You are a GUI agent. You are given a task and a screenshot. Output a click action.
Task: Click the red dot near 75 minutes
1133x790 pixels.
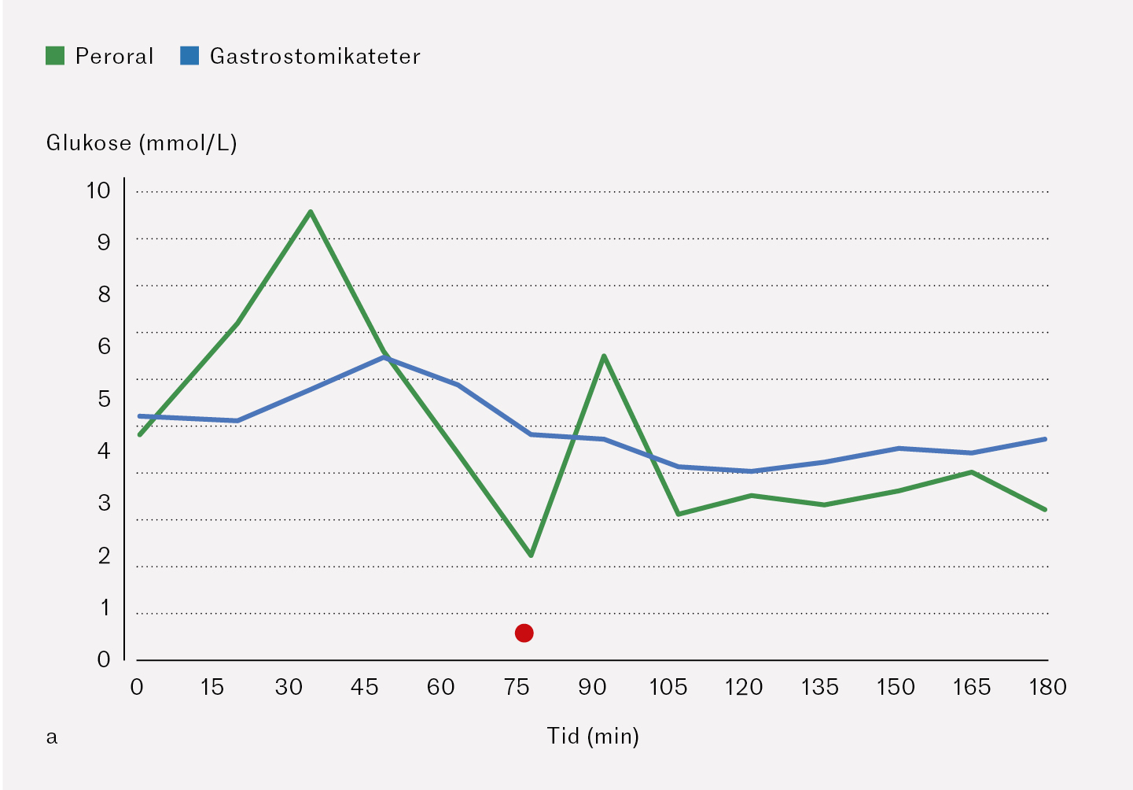pyautogui.click(x=524, y=633)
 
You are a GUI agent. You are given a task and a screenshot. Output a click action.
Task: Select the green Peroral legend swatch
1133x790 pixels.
pyautogui.click(x=55, y=56)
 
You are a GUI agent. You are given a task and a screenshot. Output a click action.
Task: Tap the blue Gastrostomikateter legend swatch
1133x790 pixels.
pyautogui.click(x=189, y=56)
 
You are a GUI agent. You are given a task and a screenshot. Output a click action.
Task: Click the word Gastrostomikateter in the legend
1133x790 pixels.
pyautogui.click(x=315, y=57)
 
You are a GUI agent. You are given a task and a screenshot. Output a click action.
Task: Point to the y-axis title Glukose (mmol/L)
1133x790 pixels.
pyautogui.click(x=142, y=143)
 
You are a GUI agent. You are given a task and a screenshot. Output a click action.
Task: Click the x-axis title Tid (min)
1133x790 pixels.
pyautogui.click(x=593, y=736)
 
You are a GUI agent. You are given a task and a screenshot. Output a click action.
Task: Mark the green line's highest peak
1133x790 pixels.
pyautogui.click(x=311, y=212)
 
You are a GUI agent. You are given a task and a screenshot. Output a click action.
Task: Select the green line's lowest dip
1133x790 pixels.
pyautogui.click(x=532, y=556)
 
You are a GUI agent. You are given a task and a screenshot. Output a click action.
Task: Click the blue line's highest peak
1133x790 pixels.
pyautogui.click(x=385, y=357)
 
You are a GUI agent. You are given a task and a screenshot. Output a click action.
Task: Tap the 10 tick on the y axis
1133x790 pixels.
pyautogui.click(x=99, y=190)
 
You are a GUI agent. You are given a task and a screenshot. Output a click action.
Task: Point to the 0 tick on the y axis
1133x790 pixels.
pyautogui.click(x=104, y=659)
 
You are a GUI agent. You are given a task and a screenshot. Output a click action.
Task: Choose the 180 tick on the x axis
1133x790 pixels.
pyautogui.click(x=1047, y=688)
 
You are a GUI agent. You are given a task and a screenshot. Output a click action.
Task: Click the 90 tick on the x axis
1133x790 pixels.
pyautogui.click(x=592, y=688)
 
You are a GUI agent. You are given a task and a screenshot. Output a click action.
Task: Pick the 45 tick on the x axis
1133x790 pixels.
pyautogui.click(x=364, y=688)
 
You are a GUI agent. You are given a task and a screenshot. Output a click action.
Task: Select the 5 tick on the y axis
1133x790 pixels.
pyautogui.click(x=104, y=399)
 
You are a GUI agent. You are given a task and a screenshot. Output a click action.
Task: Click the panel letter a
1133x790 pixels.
pyautogui.click(x=52, y=737)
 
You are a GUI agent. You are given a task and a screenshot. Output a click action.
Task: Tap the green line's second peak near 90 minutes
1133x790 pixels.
pyautogui.click(x=603, y=356)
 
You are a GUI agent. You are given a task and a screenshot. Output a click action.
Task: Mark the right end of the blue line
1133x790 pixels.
pyautogui.click(x=1045, y=438)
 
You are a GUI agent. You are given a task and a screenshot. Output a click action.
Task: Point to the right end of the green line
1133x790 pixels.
pyautogui.click(x=1045, y=510)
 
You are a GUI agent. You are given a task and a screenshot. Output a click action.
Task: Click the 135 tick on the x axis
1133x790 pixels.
pyautogui.click(x=819, y=688)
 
